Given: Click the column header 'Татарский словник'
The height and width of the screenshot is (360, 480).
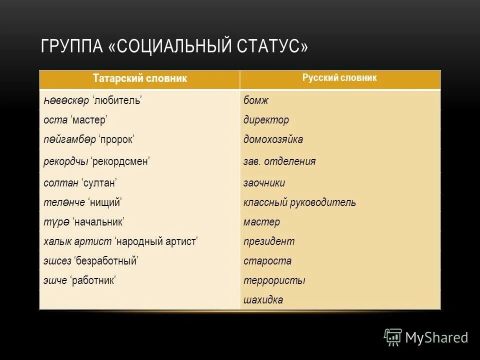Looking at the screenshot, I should point(140,78).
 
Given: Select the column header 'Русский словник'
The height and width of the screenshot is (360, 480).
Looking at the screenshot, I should point(339,78).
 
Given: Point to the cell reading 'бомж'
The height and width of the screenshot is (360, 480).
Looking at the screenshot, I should point(256,100).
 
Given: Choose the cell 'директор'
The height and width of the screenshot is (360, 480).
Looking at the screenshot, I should point(266,120).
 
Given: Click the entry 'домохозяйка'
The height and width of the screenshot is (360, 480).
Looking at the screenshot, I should point(273,139).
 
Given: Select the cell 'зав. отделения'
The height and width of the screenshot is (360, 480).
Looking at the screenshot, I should point(279,161).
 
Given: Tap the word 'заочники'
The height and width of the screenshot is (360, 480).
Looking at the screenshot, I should point(264,183).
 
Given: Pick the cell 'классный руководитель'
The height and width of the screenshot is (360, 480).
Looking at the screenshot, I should point(299,202).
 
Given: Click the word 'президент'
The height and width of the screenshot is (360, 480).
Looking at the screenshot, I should point(269,241).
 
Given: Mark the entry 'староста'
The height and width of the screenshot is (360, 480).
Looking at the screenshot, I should point(267,261).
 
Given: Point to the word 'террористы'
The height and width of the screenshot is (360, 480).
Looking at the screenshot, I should point(274,280).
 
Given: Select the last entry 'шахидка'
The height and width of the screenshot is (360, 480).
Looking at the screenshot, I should point(263,300).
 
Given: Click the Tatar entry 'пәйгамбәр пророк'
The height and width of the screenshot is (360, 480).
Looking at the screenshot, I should point(88,139).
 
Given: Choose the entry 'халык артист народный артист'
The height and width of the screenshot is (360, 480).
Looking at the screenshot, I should point(120,241).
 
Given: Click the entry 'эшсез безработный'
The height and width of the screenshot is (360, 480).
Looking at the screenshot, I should point(90,261).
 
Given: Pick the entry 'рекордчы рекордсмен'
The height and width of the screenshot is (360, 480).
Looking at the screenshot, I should point(97,161).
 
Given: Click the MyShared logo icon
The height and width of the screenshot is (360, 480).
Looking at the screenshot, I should point(393,337).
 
